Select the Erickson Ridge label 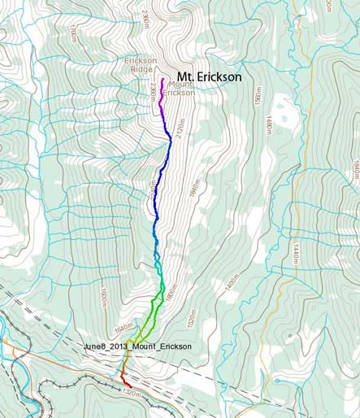point(141,64)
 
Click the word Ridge point(141,70)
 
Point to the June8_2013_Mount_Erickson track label point(137,346)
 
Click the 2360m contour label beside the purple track point(152,95)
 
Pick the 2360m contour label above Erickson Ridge point(145,20)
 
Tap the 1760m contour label point(72,33)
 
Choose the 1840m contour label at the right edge point(354,167)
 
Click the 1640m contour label point(123,327)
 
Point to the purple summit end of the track point(163,79)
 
